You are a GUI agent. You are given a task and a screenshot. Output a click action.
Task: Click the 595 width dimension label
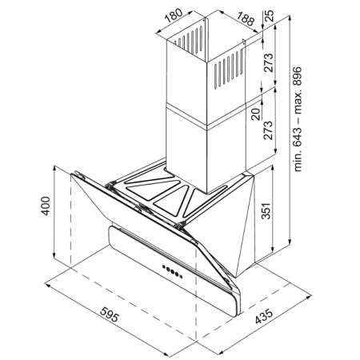(110, 314)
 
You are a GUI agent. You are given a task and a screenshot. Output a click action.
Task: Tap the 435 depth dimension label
(264, 316)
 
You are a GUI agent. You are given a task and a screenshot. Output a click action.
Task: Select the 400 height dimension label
(46, 206)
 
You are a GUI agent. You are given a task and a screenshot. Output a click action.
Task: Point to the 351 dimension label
(266, 211)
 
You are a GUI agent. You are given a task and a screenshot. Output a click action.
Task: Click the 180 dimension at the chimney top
(174, 16)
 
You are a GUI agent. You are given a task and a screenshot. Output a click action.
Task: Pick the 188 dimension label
(245, 19)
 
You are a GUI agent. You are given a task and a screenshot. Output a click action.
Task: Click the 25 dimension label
(270, 16)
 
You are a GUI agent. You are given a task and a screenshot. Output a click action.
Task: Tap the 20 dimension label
(256, 114)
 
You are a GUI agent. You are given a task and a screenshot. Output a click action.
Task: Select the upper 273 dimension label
(269, 62)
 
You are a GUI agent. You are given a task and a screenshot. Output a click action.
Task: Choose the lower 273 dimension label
(268, 130)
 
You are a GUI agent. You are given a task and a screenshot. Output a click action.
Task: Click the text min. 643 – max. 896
(298, 119)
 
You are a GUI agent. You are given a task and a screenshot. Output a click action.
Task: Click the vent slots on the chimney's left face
(189, 40)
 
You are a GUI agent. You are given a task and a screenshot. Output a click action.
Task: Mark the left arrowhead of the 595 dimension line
(47, 285)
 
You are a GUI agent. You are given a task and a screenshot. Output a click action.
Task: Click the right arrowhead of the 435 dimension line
(309, 296)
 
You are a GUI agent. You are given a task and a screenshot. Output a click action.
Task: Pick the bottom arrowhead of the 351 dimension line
(272, 251)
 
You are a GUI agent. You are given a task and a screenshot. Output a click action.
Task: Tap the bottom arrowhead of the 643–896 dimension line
(290, 242)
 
